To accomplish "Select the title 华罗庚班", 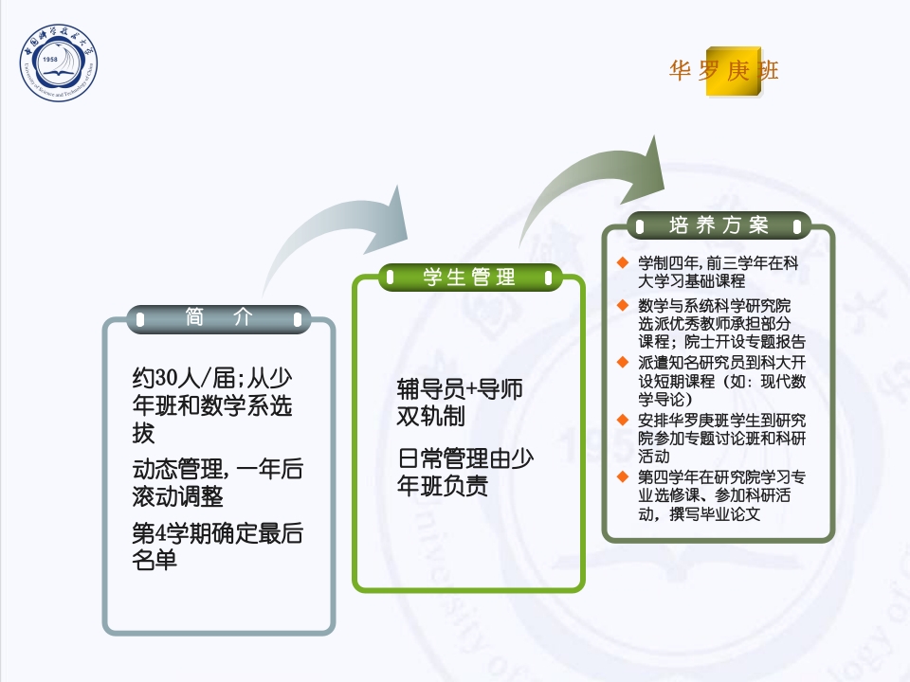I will coord(724,71).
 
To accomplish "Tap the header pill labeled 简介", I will coord(219,319).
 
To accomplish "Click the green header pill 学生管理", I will coord(470,277).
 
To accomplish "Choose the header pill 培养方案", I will coord(719,225).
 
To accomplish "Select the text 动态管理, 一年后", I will coord(217,469).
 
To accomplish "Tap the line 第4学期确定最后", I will coord(217,532).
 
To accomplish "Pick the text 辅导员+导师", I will coord(460,389).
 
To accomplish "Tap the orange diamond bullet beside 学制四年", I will coord(622,261).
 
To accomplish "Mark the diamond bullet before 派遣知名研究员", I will coord(622,362).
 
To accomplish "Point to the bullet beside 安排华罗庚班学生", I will coord(622,419).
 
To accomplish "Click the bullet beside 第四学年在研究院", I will coord(622,476).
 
